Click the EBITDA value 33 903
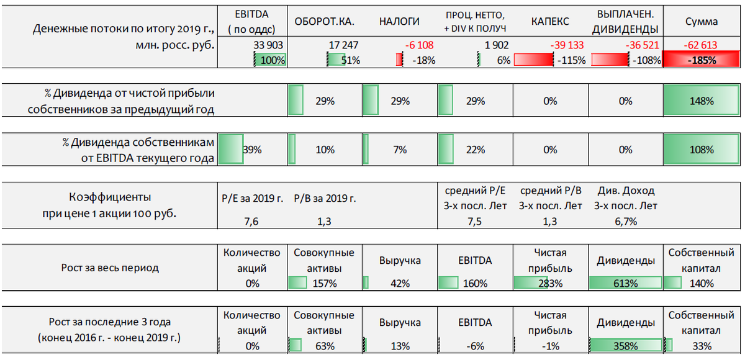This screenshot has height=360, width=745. click(269, 45)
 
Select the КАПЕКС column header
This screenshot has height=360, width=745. click(550, 21)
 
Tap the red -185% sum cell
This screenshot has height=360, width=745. click(701, 60)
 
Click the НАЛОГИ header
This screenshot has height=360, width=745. click(399, 21)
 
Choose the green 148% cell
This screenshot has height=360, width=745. click(701, 101)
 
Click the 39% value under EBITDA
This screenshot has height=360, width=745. click(252, 150)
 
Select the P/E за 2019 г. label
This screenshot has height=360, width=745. click(252, 199)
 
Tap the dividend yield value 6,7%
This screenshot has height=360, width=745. click(625, 222)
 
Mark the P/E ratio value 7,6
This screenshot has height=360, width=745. click(252, 222)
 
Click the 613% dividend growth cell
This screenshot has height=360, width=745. click(625, 283)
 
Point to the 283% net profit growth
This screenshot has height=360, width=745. click(550, 283)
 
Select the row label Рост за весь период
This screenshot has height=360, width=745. click(110, 268)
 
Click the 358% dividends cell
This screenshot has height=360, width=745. click(625, 346)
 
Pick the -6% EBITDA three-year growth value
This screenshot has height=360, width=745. click(474, 346)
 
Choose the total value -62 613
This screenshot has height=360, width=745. click(700, 45)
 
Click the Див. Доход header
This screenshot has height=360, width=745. click(625, 191)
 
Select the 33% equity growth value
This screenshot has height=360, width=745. click(701, 346)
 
